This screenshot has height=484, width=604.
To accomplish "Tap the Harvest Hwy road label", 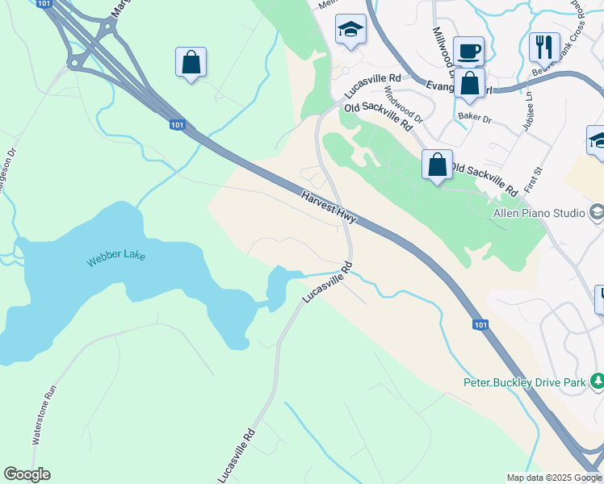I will pyautogui.click(x=329, y=207).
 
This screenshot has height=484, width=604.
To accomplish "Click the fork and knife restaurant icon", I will pyautogui.click(x=544, y=47).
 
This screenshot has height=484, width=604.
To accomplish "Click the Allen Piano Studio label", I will pyautogui.click(x=539, y=213).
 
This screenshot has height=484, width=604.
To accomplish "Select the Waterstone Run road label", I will pyautogui.click(x=44, y=415).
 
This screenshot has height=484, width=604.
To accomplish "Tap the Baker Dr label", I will pyautogui.click(x=473, y=116).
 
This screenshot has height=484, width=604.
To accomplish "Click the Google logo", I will pyautogui.click(x=27, y=474).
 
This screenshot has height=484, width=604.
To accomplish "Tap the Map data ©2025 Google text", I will pyautogui.click(x=554, y=478).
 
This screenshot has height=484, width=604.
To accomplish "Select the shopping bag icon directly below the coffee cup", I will pyautogui.click(x=469, y=83).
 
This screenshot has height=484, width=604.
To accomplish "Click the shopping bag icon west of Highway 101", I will pyautogui.click(x=191, y=63).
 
